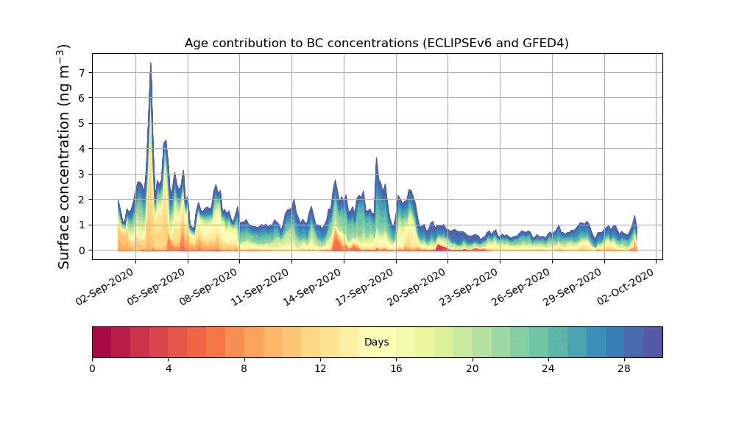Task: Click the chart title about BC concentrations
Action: click(376, 43)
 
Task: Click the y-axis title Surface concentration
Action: click(65, 156)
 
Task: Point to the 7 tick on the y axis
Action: click(81, 72)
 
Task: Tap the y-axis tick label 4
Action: click(81, 149)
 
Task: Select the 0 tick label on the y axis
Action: click(81, 250)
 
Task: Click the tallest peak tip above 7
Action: click(151, 63)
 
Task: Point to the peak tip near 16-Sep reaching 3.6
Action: click(376, 158)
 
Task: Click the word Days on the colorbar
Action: click(376, 343)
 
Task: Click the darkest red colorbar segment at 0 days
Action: click(102, 343)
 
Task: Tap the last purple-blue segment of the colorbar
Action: click(653, 343)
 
